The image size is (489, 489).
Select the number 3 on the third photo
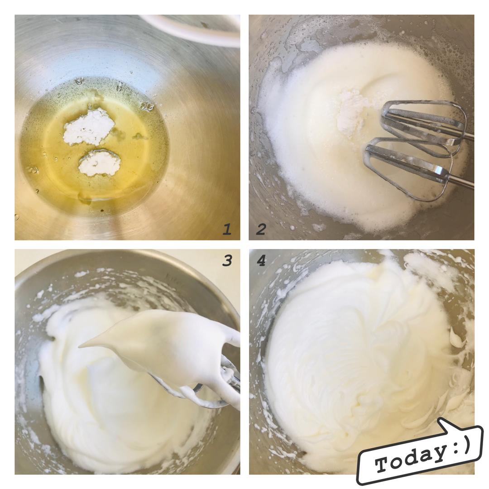pos(227,260)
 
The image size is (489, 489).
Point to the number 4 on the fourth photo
pos(261,260)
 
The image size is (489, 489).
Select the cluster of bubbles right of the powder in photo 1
pos(147,107)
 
